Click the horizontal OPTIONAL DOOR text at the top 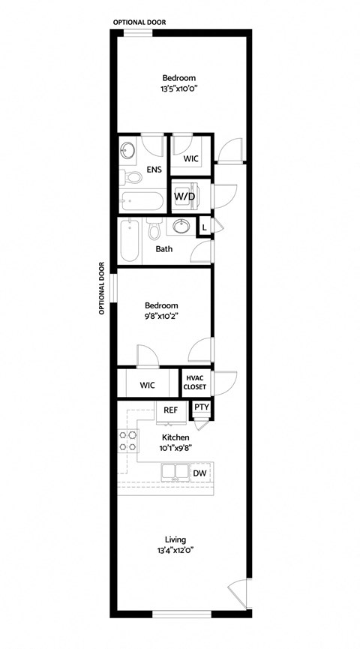[139, 23]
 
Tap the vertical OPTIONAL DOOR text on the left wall [103, 288]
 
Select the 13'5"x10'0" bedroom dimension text [179, 89]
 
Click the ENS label [154, 170]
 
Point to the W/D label [184, 197]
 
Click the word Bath [165, 248]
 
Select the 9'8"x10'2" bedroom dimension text [161, 316]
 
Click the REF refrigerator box [171, 410]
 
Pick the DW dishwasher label [199, 473]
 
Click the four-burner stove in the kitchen [127, 441]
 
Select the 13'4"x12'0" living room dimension [175, 550]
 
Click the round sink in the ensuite [127, 151]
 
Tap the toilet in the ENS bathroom [132, 179]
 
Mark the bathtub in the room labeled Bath [130, 240]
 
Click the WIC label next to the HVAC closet [147, 385]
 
